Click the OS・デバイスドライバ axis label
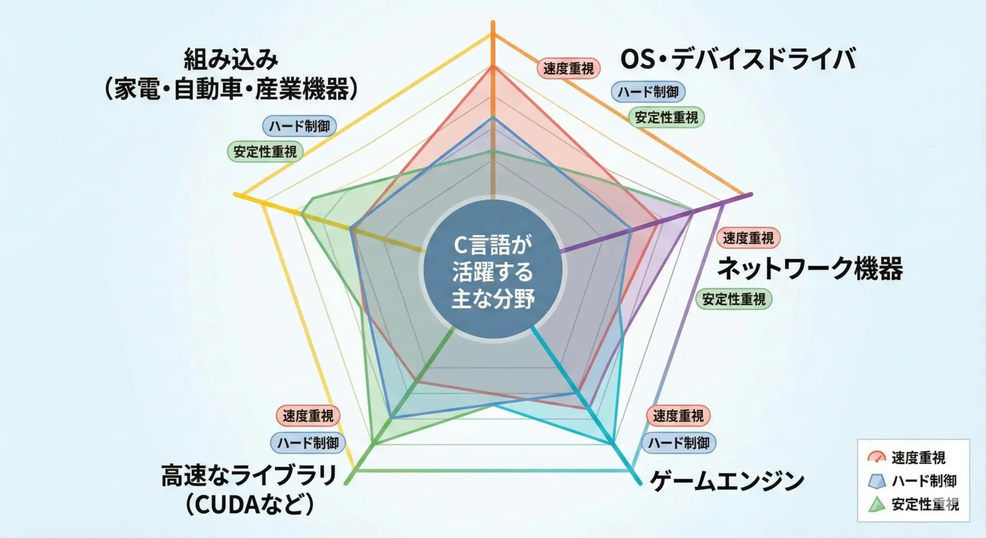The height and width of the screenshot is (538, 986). click(738, 59)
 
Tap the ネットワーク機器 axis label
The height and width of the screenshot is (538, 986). click(810, 268)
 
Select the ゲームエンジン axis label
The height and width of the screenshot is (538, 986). click(727, 481)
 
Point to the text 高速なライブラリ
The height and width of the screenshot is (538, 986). click(249, 475)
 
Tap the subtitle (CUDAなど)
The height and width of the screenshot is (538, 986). click(250, 504)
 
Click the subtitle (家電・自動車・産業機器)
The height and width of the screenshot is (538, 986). click(231, 88)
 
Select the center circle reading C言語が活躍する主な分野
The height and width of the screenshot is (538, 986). click(492, 269)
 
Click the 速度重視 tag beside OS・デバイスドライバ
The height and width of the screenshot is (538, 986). click(568, 68)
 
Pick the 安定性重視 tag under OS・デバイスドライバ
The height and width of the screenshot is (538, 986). click(667, 117)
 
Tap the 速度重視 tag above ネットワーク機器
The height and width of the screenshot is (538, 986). click(748, 238)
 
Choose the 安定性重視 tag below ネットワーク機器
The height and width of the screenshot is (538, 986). click(734, 299)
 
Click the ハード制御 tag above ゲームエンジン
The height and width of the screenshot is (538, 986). click(678, 442)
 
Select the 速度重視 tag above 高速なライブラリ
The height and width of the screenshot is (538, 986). click(308, 416)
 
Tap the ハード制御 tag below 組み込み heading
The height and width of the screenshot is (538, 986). click(299, 126)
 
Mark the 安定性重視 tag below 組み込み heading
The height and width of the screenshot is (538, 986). click(265, 152)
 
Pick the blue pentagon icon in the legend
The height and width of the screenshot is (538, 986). click(877, 481)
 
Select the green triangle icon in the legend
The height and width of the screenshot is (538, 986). click(877, 504)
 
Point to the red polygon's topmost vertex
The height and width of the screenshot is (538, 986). click(493, 67)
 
